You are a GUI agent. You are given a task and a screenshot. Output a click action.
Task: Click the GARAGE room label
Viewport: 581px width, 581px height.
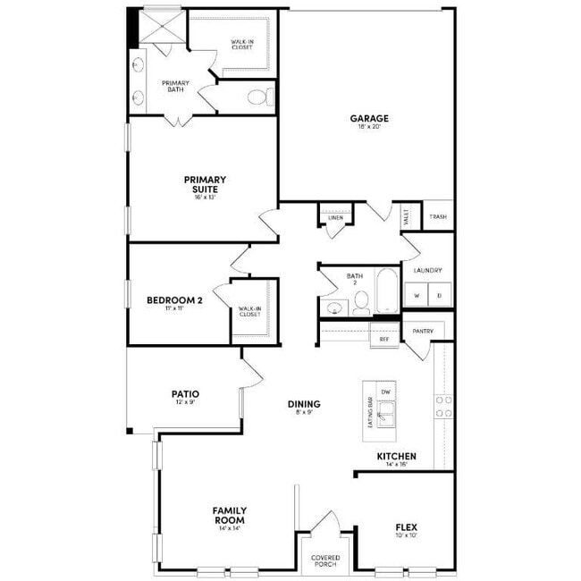[368, 118]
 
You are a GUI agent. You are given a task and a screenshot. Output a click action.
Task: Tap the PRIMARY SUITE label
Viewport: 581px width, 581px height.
[205, 184]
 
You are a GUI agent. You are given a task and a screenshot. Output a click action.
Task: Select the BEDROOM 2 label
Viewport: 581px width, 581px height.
[174, 301]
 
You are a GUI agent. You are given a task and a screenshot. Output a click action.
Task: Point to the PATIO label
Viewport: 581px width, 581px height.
[185, 394]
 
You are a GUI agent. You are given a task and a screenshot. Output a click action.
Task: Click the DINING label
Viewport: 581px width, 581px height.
[304, 404]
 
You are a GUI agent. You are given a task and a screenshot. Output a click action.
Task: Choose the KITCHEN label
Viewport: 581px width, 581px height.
[396, 456]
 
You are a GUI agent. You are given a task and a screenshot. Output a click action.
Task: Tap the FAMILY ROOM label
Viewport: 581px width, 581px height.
[230, 515]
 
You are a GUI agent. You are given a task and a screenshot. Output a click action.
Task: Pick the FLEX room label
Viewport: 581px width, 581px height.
[406, 527]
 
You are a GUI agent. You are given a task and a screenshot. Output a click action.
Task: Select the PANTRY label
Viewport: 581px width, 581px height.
[423, 332]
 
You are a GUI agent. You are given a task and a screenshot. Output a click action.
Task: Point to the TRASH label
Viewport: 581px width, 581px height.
[437, 217]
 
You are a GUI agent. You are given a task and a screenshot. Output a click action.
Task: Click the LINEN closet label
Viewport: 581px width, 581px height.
[335, 217]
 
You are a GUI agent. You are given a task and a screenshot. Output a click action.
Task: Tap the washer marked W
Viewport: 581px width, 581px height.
[416, 295]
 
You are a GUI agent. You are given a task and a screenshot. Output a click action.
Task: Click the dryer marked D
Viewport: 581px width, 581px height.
[439, 295]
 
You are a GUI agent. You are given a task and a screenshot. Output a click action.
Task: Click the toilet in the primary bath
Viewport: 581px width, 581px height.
[258, 97]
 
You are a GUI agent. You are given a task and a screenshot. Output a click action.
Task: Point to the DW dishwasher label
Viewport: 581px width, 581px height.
[385, 392]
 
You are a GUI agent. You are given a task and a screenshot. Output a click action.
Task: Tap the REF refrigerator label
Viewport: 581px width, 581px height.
[384, 339]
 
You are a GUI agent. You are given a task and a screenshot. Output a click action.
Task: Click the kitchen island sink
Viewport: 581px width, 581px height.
[385, 413]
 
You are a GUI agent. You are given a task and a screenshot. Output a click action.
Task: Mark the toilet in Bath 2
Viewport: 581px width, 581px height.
[358, 301]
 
